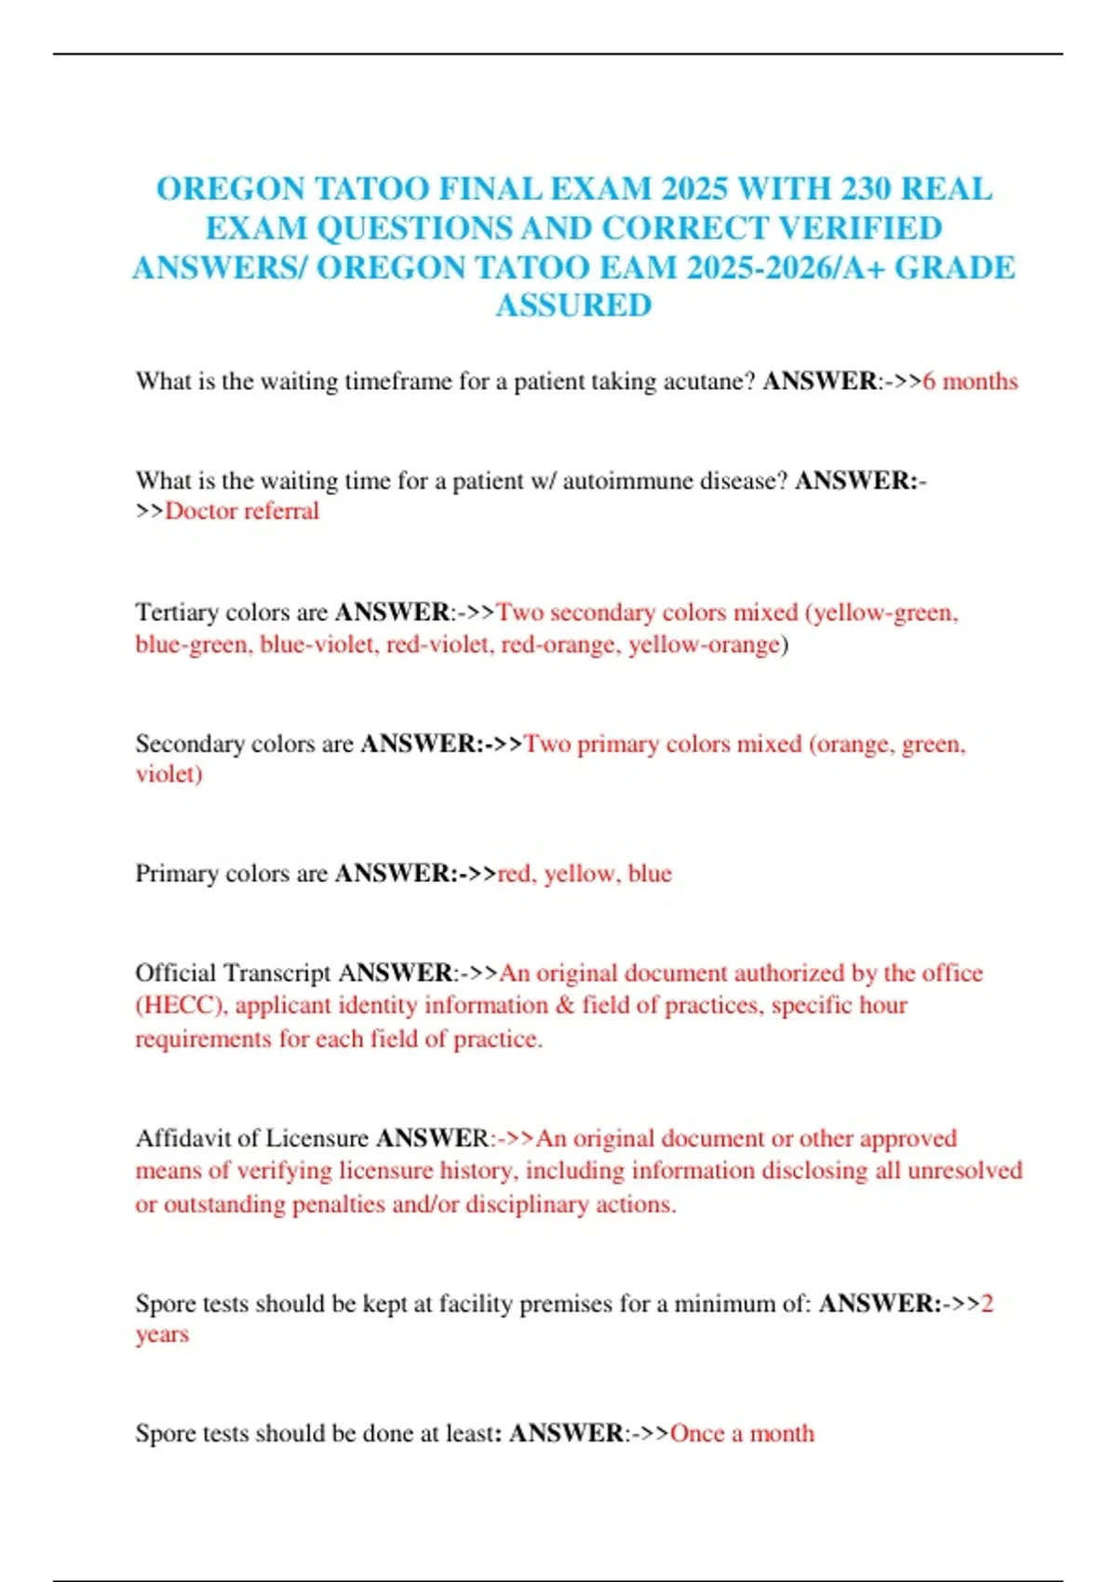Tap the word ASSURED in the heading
coord(573,305)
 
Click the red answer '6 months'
coord(970,382)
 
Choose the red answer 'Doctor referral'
coord(242,511)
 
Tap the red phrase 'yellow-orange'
coord(704,644)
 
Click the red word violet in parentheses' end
coord(168,773)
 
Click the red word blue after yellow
coord(650,874)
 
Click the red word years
coord(162,1334)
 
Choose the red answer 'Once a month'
coord(742,1433)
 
